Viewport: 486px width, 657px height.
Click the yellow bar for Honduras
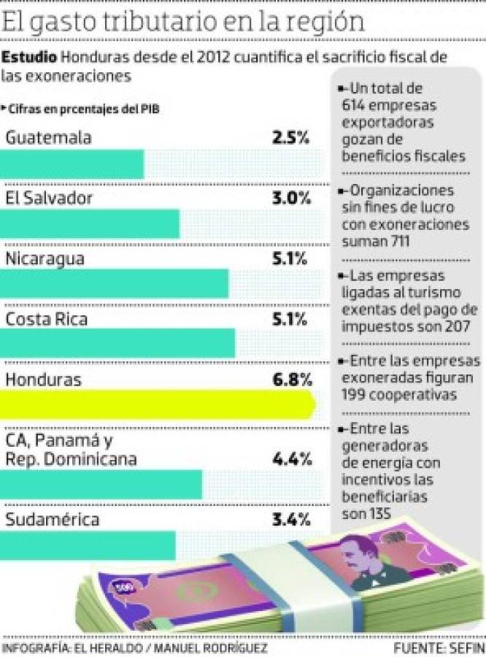[x=157, y=404]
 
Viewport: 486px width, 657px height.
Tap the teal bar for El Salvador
[x=89, y=223]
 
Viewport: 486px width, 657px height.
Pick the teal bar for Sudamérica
[x=88, y=545]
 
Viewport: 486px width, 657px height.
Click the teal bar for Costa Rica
[x=117, y=343]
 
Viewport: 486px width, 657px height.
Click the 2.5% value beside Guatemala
[x=290, y=138]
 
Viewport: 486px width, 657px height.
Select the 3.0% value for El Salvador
[x=290, y=198]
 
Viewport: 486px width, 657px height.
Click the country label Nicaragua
[x=45, y=258]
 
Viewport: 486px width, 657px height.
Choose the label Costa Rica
[x=46, y=319]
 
